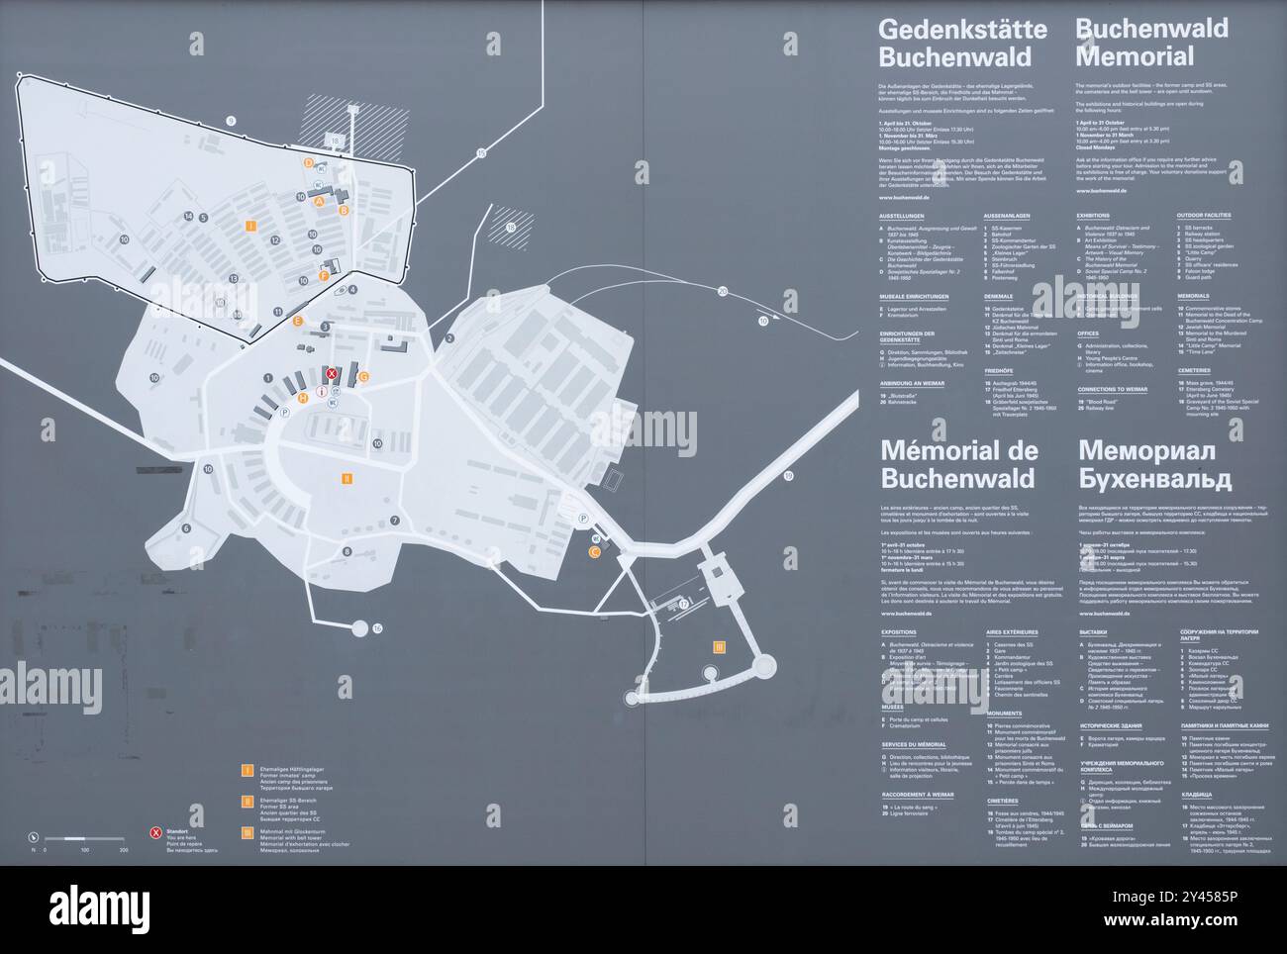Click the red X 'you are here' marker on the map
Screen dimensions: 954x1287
[x=333, y=373]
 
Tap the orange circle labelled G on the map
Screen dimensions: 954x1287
[x=363, y=376]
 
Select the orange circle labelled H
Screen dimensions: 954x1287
[x=303, y=399]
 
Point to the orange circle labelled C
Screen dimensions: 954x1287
[x=594, y=552]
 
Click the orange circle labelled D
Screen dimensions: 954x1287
[x=309, y=162]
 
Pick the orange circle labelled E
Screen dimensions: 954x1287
[x=298, y=321]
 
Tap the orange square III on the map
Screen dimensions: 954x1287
[x=719, y=647]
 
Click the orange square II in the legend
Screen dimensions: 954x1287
[x=247, y=801]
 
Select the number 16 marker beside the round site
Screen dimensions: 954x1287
[x=377, y=628]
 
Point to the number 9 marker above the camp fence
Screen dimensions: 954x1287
[x=231, y=121]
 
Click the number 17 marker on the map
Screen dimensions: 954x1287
[x=683, y=604]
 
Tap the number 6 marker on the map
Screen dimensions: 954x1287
[x=185, y=528]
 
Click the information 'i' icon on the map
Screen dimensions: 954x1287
[x=322, y=392]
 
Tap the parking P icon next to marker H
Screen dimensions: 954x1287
[x=285, y=412]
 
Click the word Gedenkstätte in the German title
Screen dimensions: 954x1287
[x=947, y=29]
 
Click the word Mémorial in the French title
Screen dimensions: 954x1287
[x=945, y=451]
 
